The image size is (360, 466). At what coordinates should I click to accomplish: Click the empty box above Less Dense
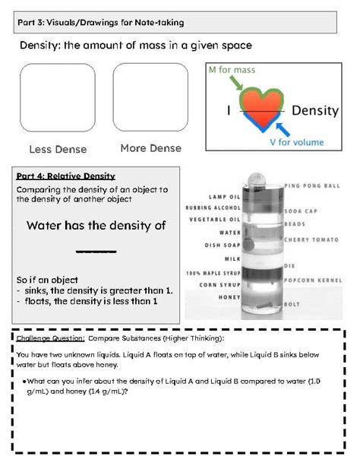coord(58,98)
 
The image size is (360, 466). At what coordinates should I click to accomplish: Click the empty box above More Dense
coord(150,98)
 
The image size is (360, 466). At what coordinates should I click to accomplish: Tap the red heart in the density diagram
coord(261,109)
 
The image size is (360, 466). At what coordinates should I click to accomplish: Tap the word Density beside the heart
coord(315,110)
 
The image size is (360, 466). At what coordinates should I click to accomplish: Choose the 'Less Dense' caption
coord(58,149)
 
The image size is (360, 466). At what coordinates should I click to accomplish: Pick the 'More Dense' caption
coord(150,148)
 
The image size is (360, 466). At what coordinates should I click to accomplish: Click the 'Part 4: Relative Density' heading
coord(65,176)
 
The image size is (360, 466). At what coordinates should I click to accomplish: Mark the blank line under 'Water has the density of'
coord(96,250)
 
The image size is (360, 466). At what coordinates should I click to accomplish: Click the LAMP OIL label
coord(225,196)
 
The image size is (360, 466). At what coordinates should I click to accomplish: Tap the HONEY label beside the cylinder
coord(230,296)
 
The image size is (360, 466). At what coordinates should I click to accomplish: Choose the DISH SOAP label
coord(223,245)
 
